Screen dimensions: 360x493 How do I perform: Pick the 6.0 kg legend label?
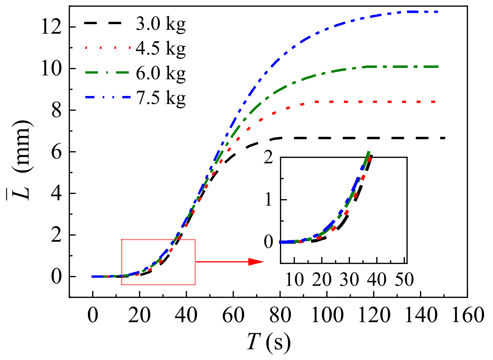coord(160,73)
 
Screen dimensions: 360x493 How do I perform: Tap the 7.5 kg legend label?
coord(160,98)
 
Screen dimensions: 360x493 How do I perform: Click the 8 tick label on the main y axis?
coord(56,111)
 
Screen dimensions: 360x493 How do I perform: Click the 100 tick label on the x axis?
coord(327,315)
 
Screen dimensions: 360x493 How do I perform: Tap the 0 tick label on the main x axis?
coord(93,315)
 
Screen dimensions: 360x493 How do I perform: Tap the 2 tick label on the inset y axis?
coord(269,157)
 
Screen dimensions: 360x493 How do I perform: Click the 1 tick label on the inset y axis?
coord(269,199)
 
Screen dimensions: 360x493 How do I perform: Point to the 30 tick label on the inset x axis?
coord(349,280)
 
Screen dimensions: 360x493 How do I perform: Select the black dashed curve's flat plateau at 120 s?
coord(374,138)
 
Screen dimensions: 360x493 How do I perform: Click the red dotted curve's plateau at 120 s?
coord(374,102)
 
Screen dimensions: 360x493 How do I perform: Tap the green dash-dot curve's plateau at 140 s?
coord(420,67)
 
